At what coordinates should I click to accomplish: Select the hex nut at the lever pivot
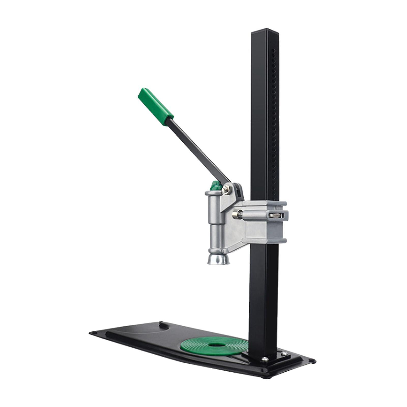(225, 190)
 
